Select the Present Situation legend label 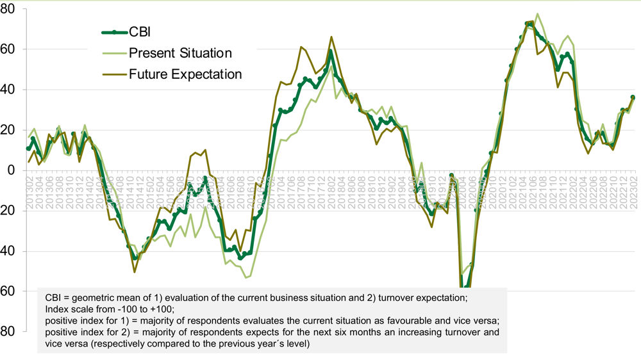tap(180, 53)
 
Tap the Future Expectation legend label tap(185, 74)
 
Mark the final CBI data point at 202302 tap(633, 97)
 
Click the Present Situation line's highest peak tap(537, 14)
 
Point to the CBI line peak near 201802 tap(331, 51)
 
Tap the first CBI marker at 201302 tap(28, 149)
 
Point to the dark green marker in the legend tap(113, 31)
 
